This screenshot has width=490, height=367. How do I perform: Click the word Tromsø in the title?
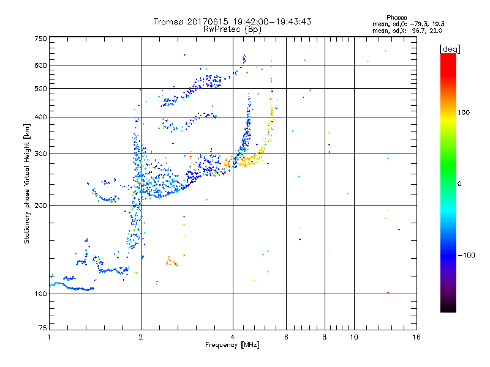click(169, 21)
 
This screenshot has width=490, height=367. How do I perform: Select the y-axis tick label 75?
click(43, 328)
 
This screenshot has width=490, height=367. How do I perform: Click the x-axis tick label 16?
click(416, 337)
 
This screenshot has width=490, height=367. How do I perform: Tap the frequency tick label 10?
click(353, 337)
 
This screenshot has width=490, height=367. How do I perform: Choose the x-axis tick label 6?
click(286, 337)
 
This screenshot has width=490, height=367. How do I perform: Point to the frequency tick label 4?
click(233, 337)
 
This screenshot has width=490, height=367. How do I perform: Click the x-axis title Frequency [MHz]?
click(232, 346)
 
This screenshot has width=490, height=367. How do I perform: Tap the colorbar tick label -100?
click(467, 255)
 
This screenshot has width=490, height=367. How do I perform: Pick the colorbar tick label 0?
click(460, 183)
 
